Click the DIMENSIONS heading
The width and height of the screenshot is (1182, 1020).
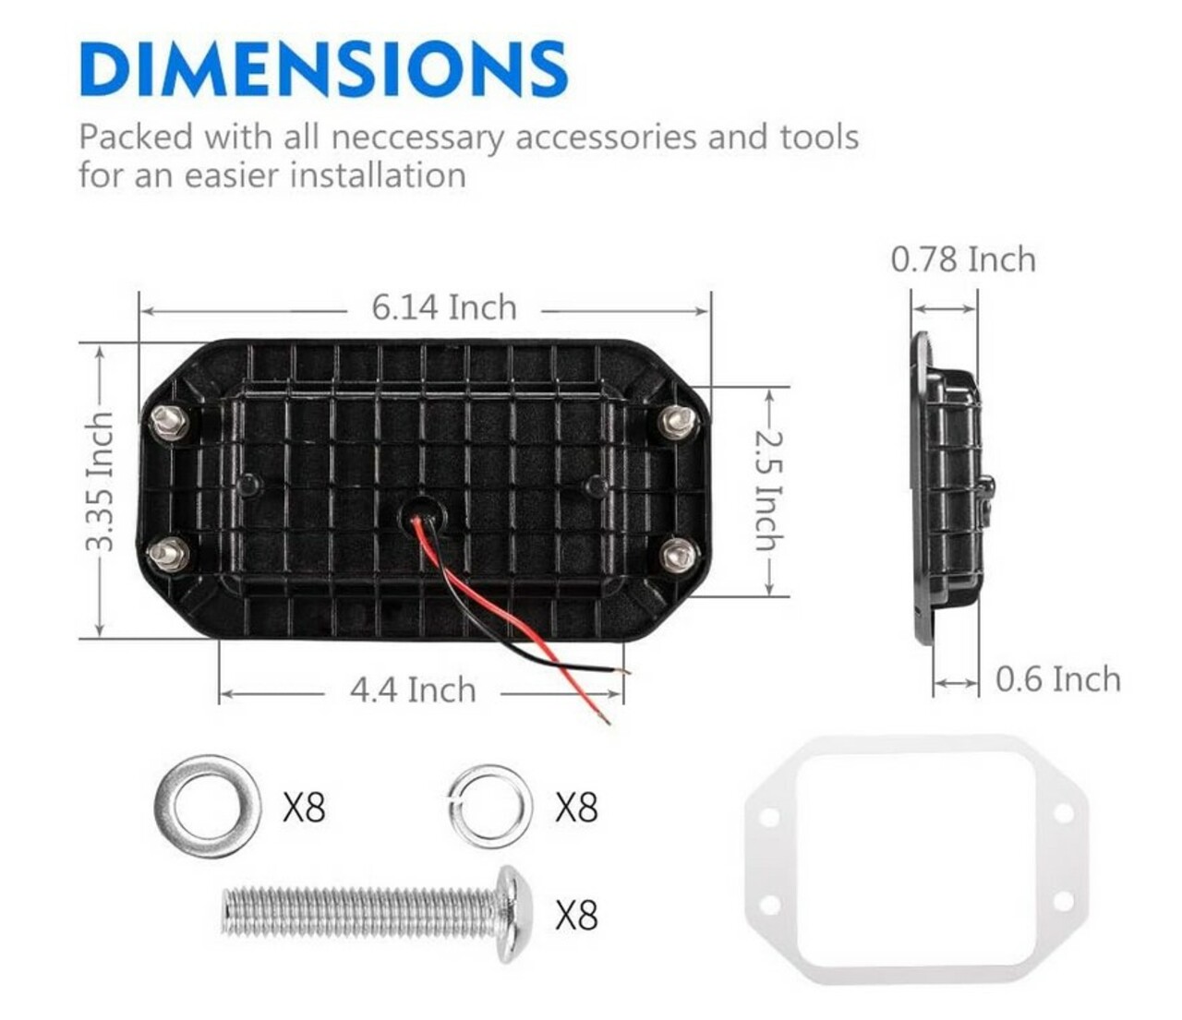click(323, 68)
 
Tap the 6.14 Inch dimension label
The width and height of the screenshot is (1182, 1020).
click(444, 307)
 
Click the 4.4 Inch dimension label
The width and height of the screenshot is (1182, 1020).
click(413, 690)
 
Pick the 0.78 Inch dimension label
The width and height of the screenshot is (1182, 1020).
click(963, 259)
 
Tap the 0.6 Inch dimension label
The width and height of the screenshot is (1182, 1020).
click(1058, 679)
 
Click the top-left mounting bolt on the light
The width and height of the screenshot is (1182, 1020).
click(169, 422)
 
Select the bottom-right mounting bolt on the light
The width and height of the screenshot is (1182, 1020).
click(679, 555)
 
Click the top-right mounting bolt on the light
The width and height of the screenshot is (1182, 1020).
click(679, 422)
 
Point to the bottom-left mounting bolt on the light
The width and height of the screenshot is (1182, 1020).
click(169, 555)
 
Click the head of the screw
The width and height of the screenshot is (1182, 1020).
click(514, 914)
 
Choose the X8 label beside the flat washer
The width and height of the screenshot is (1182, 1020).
click(304, 808)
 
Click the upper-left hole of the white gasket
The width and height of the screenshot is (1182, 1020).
click(770, 816)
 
